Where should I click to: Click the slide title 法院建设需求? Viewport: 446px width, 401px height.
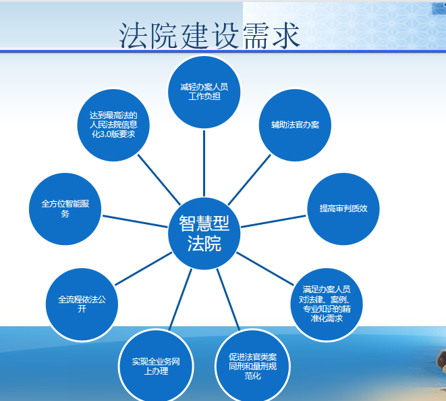209,35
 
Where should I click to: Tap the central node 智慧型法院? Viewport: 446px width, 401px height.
204,234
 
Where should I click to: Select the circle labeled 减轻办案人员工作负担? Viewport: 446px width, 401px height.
204,92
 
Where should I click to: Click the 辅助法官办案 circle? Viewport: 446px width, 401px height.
295,125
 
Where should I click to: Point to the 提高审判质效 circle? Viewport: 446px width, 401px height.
343,209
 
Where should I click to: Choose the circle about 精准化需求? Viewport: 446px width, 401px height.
327,304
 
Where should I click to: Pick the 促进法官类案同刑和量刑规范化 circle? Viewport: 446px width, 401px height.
252,366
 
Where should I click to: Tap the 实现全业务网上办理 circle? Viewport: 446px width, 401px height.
156,366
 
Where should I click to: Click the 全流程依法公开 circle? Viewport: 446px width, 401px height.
82,304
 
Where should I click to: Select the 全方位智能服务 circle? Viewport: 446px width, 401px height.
65,209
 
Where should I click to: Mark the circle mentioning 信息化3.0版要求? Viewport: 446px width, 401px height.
113,125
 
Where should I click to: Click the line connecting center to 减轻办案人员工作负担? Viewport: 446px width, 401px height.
204,163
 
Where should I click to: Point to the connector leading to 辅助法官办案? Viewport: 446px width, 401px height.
250,180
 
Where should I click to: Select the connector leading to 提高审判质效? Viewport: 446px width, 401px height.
274,221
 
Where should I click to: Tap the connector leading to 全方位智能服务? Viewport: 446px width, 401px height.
135,221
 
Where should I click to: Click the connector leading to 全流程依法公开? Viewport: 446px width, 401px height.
143,269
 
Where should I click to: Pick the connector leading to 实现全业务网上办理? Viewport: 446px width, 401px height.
181,299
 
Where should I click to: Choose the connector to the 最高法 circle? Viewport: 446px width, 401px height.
159,180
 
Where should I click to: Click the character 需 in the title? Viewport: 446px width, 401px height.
255,36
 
